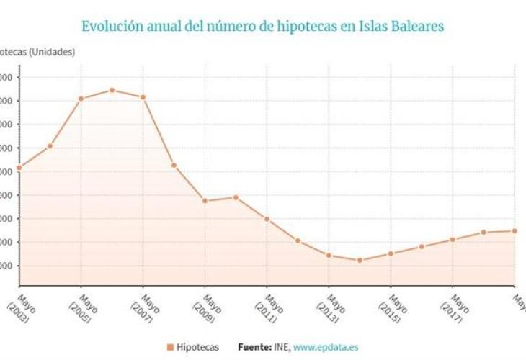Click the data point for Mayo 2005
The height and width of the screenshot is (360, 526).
coord(81,99)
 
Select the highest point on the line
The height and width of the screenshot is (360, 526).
coord(112,90)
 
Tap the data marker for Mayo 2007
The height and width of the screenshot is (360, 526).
coord(143,97)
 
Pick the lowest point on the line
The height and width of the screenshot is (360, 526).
coord(359,260)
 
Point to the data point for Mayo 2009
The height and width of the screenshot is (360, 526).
coord(205,201)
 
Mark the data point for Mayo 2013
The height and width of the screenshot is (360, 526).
coord(329,255)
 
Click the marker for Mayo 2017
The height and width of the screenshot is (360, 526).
coord(453,240)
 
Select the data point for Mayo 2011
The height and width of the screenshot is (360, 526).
coord(267,219)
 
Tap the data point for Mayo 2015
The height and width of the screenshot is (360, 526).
coord(391,253)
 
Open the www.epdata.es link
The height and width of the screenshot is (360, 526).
coord(325,347)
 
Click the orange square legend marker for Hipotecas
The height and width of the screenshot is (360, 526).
coord(170,347)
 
